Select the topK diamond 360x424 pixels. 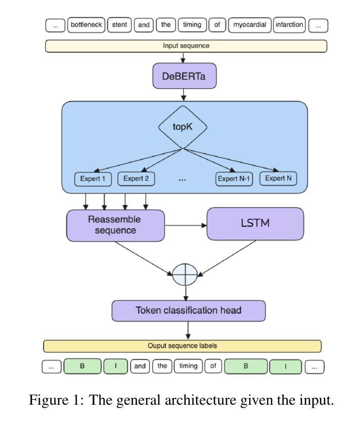183,127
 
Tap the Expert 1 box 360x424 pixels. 93,179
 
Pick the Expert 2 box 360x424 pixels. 136,179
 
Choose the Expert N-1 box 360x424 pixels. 234,179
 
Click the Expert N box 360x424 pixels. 278,179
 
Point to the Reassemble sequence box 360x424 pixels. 115,225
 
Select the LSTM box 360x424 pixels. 255,223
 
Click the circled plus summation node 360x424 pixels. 184,275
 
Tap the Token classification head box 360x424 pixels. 188,310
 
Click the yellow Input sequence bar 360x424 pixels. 186,46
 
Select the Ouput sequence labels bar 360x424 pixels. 182,346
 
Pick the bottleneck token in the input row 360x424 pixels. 86,24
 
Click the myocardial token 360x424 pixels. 249,24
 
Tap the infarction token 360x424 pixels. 289,24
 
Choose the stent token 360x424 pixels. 119,24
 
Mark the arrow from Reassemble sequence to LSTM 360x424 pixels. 185,225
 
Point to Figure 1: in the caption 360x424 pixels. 56,401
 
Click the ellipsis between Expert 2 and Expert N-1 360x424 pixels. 183,180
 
